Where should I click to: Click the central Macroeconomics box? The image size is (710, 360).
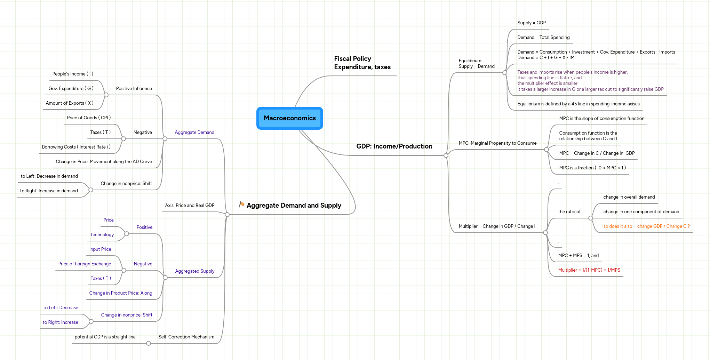[289, 118]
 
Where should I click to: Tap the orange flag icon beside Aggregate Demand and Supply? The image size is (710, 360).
[241, 205]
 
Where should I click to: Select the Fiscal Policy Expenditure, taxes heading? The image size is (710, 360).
[362, 63]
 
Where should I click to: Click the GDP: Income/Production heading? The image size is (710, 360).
[394, 146]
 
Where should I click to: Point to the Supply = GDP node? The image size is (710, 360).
[531, 23]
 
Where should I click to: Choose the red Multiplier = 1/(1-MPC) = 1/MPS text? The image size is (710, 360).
[589, 270]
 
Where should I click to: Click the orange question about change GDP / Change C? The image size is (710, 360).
[646, 226]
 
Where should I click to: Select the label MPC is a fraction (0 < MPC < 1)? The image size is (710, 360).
[592, 168]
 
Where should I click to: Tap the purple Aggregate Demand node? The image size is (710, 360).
[194, 133]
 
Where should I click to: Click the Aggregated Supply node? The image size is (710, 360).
[194, 271]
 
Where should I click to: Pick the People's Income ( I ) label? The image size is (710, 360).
[73, 74]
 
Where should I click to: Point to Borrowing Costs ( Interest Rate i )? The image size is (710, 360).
[76, 147]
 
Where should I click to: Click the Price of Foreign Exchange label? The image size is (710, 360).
[85, 264]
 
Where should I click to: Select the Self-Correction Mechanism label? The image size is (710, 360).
[186, 337]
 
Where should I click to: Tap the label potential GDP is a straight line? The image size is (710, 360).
[105, 337]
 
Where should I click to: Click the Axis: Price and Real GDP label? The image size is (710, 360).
[190, 206]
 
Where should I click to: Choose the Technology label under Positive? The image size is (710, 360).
[102, 235]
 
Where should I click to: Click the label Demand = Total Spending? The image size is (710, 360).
[543, 38]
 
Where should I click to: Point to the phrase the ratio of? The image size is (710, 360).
[569, 212]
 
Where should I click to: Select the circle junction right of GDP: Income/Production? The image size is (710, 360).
[446, 155]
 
